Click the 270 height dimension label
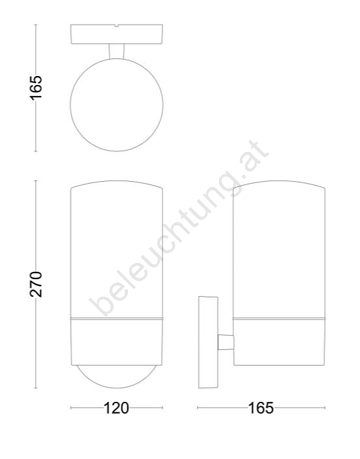click(36, 284)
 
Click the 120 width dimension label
click(116, 408)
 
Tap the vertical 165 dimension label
click(36, 88)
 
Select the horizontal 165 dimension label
click(261, 408)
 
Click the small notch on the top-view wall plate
click(116, 26)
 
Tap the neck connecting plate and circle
click(116, 51)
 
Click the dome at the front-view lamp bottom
click(116, 388)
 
